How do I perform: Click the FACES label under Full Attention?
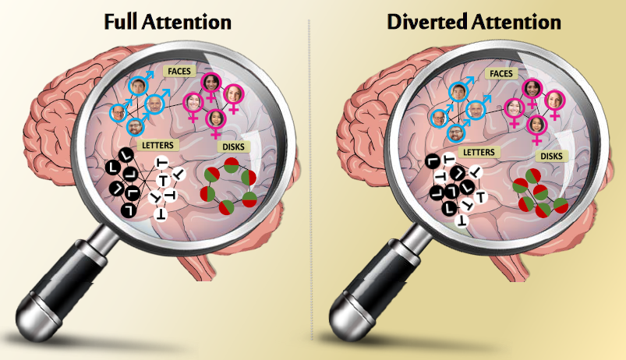[x=177, y=71]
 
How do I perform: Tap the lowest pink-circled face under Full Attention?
[x=217, y=119]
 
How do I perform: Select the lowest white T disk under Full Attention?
[x=161, y=212]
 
